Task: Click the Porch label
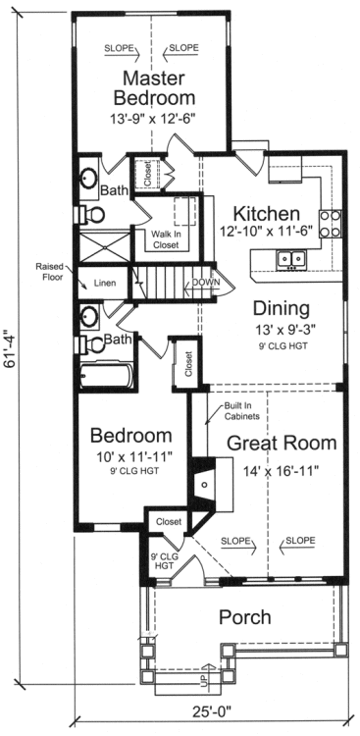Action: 244,617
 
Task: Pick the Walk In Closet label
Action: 167,239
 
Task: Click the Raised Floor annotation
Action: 49,272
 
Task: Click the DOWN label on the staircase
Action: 206,281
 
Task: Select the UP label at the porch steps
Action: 203,678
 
